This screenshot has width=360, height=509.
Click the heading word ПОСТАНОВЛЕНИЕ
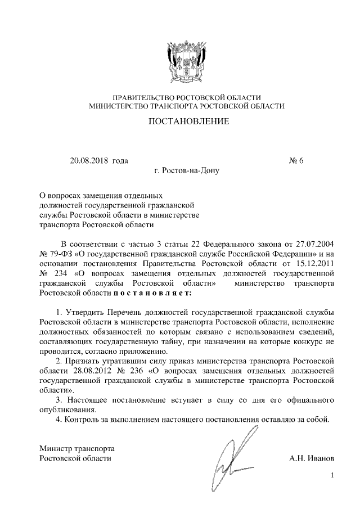[x=188, y=121]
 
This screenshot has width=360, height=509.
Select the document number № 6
[x=296, y=161]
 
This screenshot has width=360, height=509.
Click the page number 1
[x=332, y=476]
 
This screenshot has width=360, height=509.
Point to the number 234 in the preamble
[x=62, y=273]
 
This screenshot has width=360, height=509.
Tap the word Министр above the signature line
[x=55, y=448]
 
